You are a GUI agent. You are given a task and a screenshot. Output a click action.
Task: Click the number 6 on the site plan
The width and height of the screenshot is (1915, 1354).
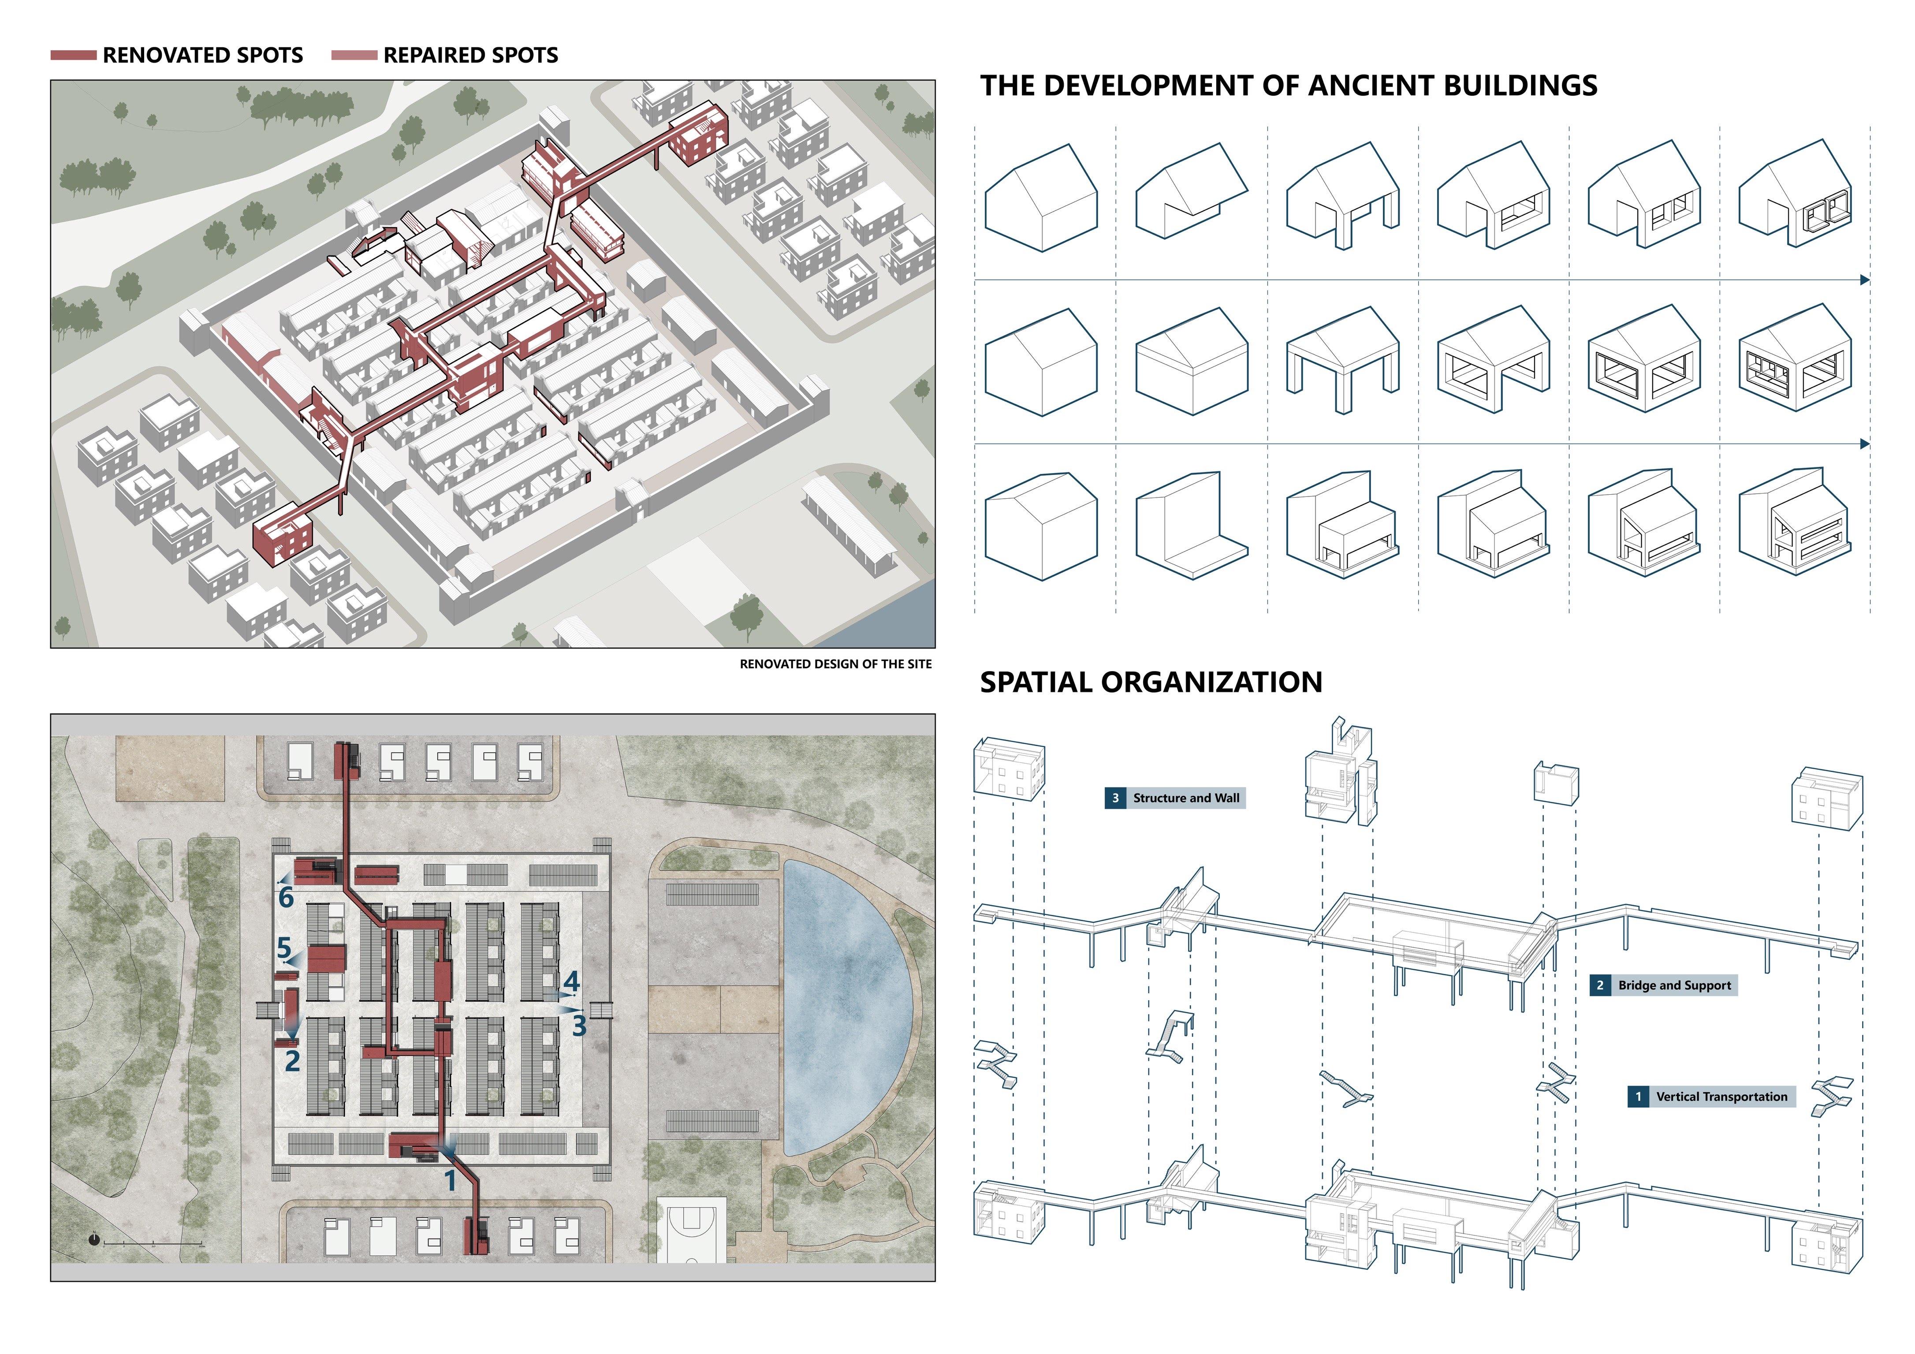[x=286, y=898]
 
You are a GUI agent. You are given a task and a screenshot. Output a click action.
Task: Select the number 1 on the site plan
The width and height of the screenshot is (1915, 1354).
[x=451, y=1180]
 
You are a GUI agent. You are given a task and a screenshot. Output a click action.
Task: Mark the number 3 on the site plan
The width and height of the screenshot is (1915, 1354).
[x=579, y=1025]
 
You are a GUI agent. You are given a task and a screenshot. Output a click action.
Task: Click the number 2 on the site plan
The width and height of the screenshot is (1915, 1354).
[x=292, y=1061]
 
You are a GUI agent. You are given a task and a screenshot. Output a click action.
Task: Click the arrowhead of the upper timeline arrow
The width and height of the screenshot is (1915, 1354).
[x=1865, y=280]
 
